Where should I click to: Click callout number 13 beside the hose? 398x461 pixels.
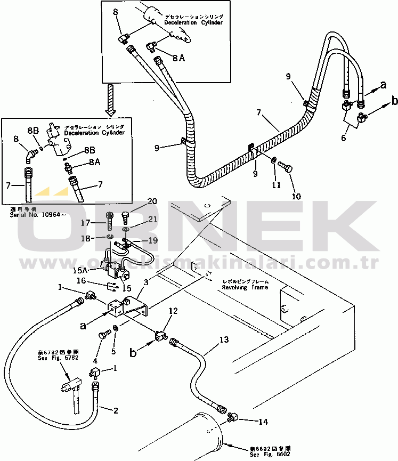pos(224,339)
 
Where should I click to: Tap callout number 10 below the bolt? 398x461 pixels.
pos(296,196)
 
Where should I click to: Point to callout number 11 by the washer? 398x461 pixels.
pos(275,185)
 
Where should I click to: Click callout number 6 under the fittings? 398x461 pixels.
pos(344,138)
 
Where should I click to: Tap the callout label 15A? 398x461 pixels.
pos(96,271)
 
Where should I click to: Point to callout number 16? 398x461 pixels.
pos(96,280)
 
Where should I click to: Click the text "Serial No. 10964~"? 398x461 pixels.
pos(31,215)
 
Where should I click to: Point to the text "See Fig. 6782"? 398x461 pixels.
pos(51,358)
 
